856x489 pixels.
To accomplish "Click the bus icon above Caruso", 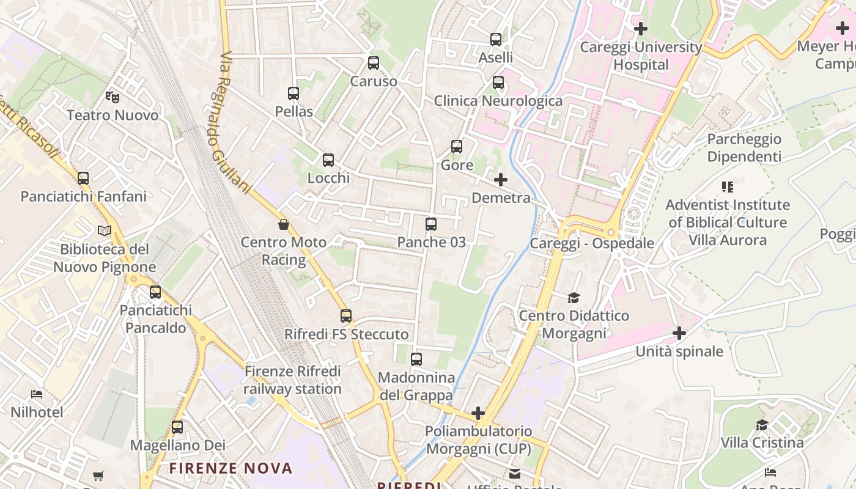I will click(373, 63).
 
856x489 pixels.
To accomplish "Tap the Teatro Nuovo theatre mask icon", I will click(112, 97).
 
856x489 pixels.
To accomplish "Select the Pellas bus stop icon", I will click(293, 94).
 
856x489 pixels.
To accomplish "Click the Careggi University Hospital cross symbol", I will click(641, 28).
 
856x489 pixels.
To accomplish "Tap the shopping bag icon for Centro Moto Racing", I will click(284, 224).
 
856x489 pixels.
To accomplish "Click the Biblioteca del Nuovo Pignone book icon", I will click(105, 231).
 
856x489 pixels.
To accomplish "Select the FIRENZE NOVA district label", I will click(231, 469).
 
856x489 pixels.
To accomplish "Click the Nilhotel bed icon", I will click(37, 394).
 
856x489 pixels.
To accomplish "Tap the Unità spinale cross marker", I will click(679, 333).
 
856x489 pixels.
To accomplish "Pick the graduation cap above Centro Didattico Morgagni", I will click(574, 298).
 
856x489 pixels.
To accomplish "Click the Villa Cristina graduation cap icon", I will click(762, 425).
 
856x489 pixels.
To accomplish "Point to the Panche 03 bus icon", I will click(431, 224).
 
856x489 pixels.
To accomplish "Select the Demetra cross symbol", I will click(501, 180).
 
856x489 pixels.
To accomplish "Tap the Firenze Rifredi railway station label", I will click(292, 380).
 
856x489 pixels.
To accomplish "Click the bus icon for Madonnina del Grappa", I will click(416, 359).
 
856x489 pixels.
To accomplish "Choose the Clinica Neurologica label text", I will click(498, 100).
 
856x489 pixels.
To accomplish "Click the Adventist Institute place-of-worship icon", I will click(727, 186).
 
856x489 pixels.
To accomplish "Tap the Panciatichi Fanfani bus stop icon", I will click(83, 178).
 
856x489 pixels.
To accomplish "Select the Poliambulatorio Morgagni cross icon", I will click(478, 413).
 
